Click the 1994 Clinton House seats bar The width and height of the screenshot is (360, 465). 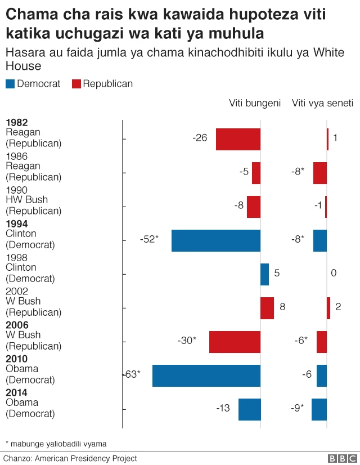pos(216,240)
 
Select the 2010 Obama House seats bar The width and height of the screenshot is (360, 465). pos(206,375)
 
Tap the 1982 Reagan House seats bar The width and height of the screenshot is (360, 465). pos(238,139)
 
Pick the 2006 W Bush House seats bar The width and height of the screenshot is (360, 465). pos(235,342)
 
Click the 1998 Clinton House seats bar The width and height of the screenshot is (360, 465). pos(264,274)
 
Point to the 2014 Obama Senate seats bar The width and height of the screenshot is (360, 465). pos(319,409)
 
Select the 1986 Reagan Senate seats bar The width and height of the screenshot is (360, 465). pos(320,173)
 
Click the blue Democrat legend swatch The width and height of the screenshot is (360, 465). pos(10,84)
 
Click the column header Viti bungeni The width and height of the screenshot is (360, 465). pos(254,103)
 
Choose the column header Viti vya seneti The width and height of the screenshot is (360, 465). pos(322,103)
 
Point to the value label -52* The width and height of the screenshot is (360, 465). pos(150,239)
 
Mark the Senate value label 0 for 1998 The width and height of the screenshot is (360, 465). pos(334,273)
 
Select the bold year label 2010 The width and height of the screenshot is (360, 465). pos(16,359)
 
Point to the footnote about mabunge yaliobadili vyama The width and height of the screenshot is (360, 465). pos(55,443)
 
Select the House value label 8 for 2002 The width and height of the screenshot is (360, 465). pos(282,307)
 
